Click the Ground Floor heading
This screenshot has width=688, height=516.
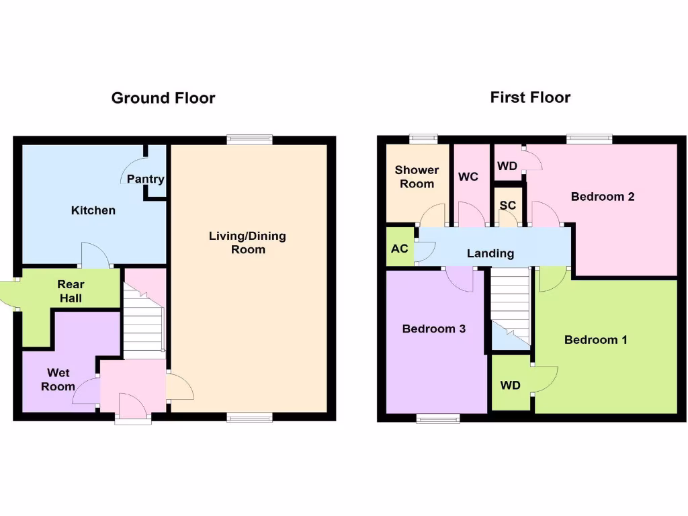tap(163, 98)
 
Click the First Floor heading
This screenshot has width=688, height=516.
tap(530, 97)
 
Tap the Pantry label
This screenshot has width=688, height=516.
tap(145, 179)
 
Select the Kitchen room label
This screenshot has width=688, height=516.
tap(93, 210)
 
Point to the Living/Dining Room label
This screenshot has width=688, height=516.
tap(247, 243)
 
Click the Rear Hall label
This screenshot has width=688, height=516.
tap(71, 291)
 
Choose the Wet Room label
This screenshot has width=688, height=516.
tap(58, 380)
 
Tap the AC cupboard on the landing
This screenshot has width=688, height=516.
tap(400, 249)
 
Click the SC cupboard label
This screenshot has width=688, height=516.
tap(508, 206)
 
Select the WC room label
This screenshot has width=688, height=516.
tap(468, 177)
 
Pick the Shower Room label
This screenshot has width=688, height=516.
tap(417, 177)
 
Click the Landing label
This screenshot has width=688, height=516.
tap(490, 253)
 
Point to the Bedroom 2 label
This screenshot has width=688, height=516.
tap(603, 197)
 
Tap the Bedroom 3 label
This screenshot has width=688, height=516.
tap(434, 329)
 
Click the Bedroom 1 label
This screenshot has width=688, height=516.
tap(596, 340)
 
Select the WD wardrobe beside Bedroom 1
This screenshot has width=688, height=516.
tap(511, 386)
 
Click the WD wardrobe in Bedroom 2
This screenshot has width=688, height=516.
tap(508, 165)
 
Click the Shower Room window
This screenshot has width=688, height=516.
tap(425, 139)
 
